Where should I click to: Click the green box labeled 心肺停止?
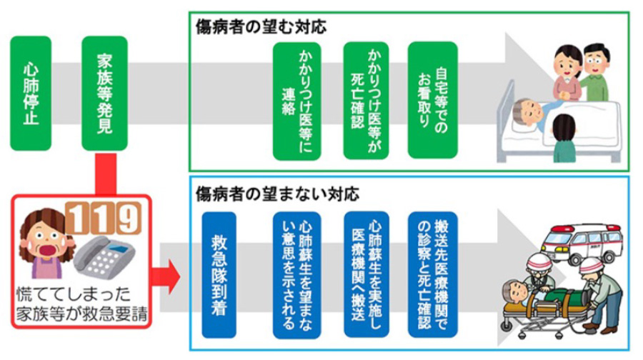pos(31,92)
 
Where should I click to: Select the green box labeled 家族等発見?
pos(104,92)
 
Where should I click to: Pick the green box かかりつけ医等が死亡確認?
pos(366,99)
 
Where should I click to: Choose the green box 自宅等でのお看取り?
pos(433,99)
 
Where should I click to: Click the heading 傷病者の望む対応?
pos(261,27)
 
